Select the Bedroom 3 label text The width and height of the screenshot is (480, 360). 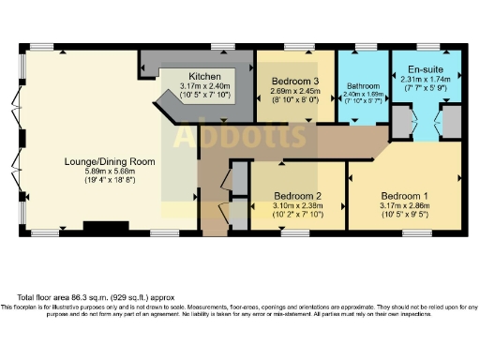pos(295,82)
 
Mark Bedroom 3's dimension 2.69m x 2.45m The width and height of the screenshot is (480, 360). pos(295,91)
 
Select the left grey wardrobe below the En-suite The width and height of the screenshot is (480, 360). pos(401,123)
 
